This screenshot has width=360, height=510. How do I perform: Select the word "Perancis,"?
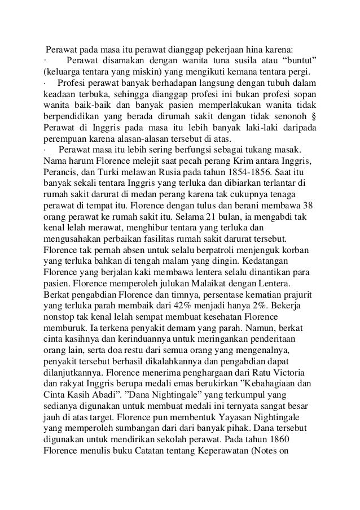tap(63, 173)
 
